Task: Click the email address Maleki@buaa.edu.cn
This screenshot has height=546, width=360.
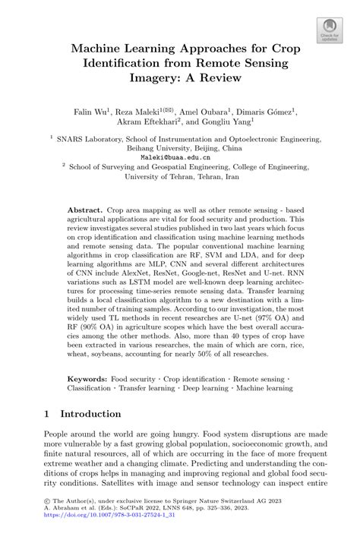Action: click(180, 162)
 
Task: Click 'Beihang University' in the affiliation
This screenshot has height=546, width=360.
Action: click(156, 151)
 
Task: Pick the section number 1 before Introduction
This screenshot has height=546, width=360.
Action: click(47, 413)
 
